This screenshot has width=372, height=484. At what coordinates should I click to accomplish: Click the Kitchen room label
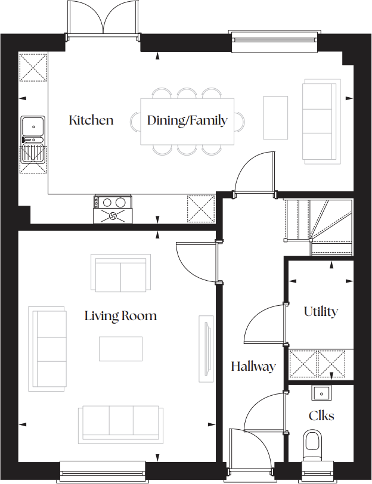pyautogui.click(x=91, y=120)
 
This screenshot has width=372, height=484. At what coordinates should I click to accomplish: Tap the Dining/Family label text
pyautogui.click(x=187, y=120)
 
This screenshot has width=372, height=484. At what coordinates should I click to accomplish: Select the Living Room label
pyautogui.click(x=120, y=315)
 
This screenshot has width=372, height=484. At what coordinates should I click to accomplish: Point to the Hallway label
pyautogui.click(x=253, y=367)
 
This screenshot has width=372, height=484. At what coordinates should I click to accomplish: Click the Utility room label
pyautogui.click(x=321, y=311)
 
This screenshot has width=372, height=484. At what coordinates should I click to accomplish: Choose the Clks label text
pyautogui.click(x=321, y=415)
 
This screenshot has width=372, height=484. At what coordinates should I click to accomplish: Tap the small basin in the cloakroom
pyautogui.click(x=321, y=393)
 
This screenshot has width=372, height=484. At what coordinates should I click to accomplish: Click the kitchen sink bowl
pyautogui.click(x=32, y=126)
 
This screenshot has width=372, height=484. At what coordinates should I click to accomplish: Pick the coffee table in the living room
pyautogui.click(x=121, y=349)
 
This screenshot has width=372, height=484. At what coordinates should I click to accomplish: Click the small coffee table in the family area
pyautogui.click(x=275, y=117)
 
